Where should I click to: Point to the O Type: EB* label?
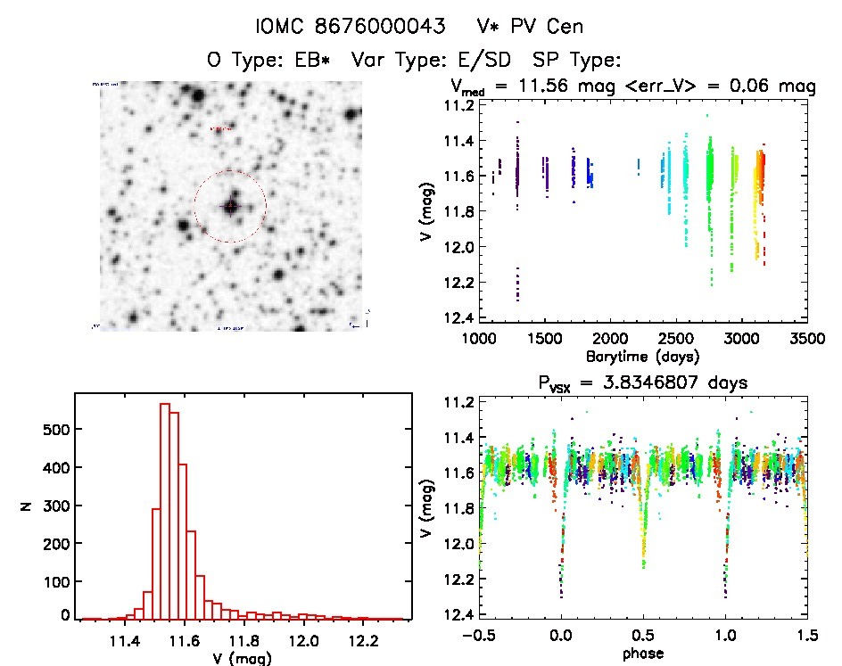coord(268,61)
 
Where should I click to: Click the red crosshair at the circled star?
coord(230,206)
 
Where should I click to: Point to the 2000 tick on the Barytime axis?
coord(609,339)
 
